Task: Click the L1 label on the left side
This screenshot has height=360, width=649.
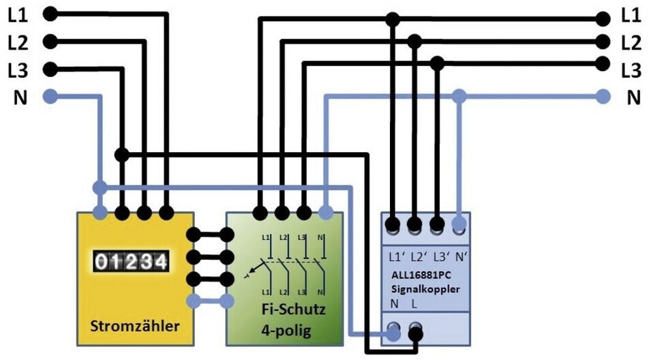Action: (x=18, y=14)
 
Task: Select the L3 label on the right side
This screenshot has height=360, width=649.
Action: (x=632, y=70)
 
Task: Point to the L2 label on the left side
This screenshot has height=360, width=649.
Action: (x=18, y=42)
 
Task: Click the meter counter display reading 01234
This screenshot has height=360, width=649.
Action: (x=130, y=261)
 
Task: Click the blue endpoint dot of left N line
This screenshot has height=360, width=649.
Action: (x=49, y=97)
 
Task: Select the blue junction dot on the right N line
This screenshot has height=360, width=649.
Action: (x=460, y=97)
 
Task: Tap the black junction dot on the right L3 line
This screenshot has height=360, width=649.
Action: (x=437, y=63)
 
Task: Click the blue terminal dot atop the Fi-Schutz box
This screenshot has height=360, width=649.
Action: (x=326, y=213)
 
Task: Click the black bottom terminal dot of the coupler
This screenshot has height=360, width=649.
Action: (x=415, y=333)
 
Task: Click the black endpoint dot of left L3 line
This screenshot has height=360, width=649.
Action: (x=49, y=69)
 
